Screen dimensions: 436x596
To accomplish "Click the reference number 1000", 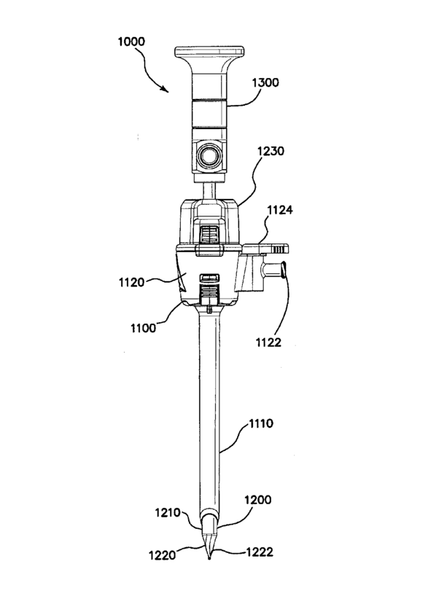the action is (131, 42).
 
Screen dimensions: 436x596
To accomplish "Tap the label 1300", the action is (265, 82).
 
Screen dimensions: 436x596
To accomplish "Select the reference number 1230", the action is (270, 152).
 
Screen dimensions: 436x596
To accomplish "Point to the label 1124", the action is (280, 210).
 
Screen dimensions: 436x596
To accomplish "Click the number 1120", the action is (132, 283).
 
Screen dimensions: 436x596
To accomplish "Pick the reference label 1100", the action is (144, 328).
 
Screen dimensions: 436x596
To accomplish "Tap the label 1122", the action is (268, 342).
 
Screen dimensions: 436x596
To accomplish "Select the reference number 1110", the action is (260, 423).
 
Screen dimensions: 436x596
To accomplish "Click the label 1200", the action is (258, 499).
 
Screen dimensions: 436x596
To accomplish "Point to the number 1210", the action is (168, 513).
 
